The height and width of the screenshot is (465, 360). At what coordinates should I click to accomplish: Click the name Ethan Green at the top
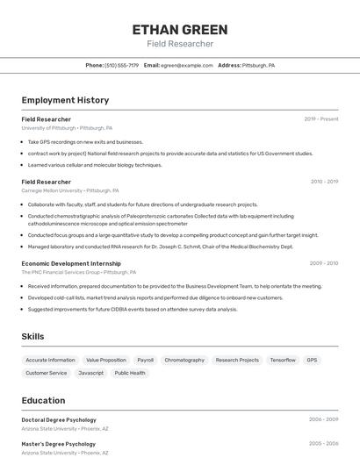[x=180, y=30]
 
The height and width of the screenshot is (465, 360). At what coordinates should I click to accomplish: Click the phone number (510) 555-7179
[x=121, y=65]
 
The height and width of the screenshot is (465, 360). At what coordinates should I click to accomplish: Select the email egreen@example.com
[x=187, y=65]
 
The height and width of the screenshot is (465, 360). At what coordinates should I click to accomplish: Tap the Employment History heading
[x=65, y=100]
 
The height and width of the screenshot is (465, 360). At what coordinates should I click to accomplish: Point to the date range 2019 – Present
[x=321, y=119]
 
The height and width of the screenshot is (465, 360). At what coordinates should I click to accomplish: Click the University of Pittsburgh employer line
[x=67, y=128]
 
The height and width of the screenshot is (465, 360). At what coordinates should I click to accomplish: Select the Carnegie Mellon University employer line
[x=70, y=190]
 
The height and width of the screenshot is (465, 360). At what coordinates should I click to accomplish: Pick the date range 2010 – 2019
[x=324, y=182]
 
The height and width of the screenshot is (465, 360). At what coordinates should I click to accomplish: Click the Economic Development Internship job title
[x=71, y=263]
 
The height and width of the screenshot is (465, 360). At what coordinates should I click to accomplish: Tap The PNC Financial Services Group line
[x=79, y=272]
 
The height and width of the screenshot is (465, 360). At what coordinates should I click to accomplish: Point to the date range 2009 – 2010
[x=324, y=263]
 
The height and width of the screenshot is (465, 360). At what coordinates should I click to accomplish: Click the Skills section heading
[x=33, y=336]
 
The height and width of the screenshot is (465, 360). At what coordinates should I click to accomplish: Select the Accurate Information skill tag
[x=50, y=360]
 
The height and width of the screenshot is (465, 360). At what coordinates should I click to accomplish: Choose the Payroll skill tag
[x=145, y=360]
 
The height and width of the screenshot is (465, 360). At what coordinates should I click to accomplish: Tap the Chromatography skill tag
[x=184, y=360]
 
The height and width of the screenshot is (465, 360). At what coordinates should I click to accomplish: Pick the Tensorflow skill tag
[x=283, y=360]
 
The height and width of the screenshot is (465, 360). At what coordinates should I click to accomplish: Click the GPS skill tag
[x=312, y=360]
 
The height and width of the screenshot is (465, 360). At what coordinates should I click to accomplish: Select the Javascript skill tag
[x=90, y=373]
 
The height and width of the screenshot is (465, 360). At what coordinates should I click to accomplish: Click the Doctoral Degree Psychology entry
[x=59, y=419]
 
